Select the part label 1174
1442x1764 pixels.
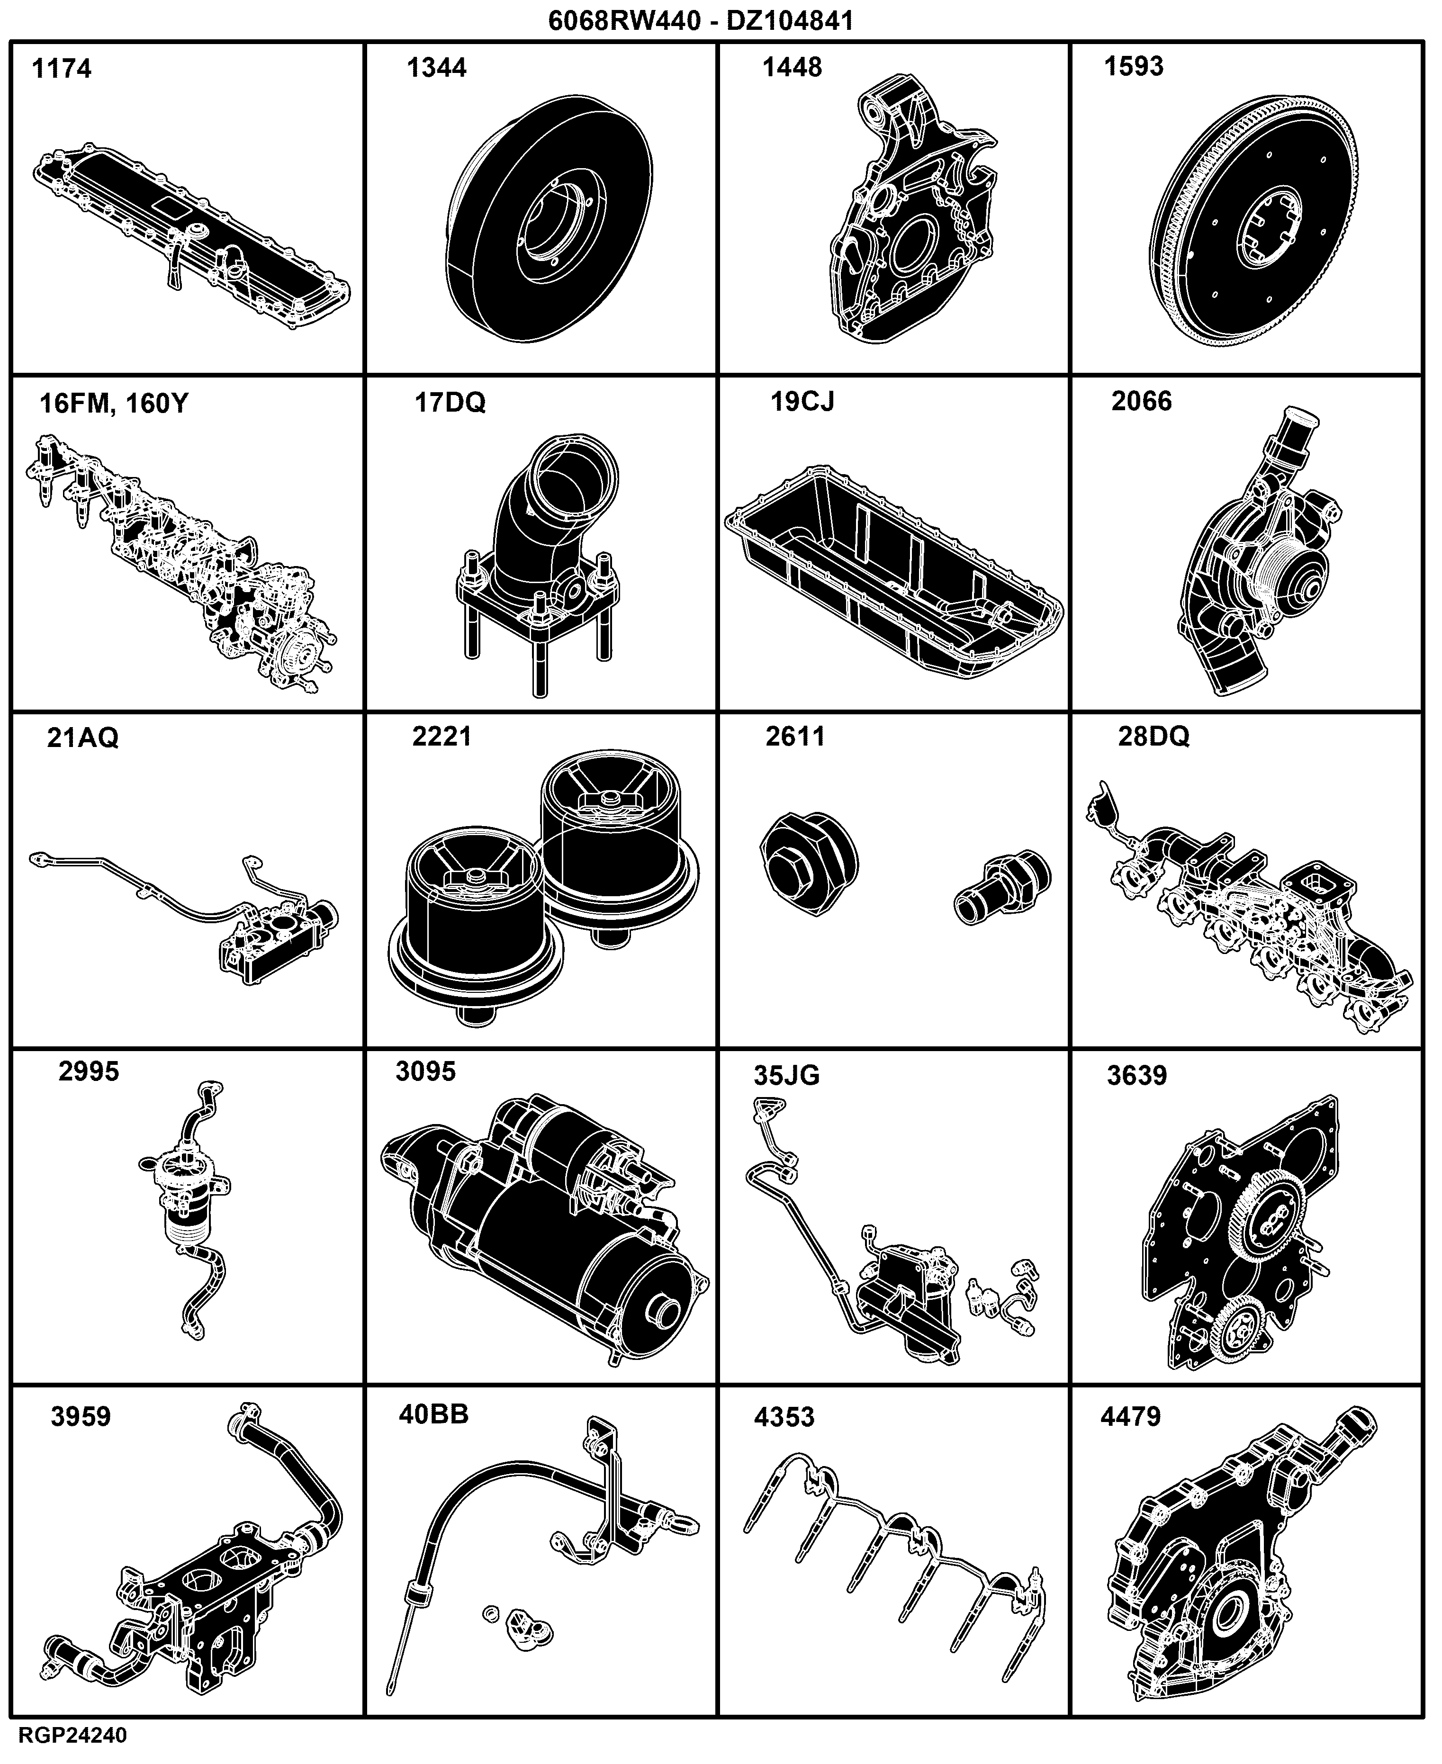[x=62, y=68]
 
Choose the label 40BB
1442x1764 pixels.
[x=433, y=1414]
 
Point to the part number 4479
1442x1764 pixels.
[x=1130, y=1417]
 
